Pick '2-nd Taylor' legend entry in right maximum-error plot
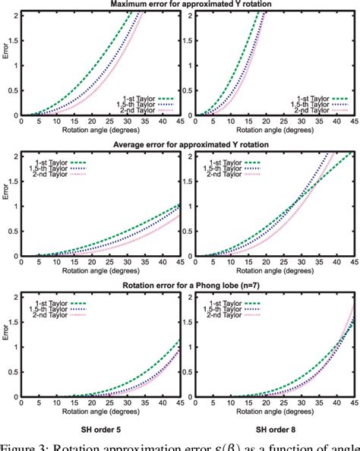pos(313,110)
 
